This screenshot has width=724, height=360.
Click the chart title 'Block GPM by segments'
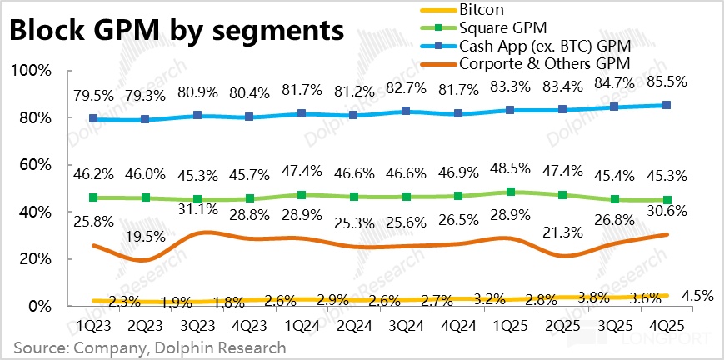[175, 32]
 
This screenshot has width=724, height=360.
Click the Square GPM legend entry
[498, 27]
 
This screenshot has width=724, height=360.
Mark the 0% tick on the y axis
[42, 307]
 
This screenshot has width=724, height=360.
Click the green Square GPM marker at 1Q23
[93, 197]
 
